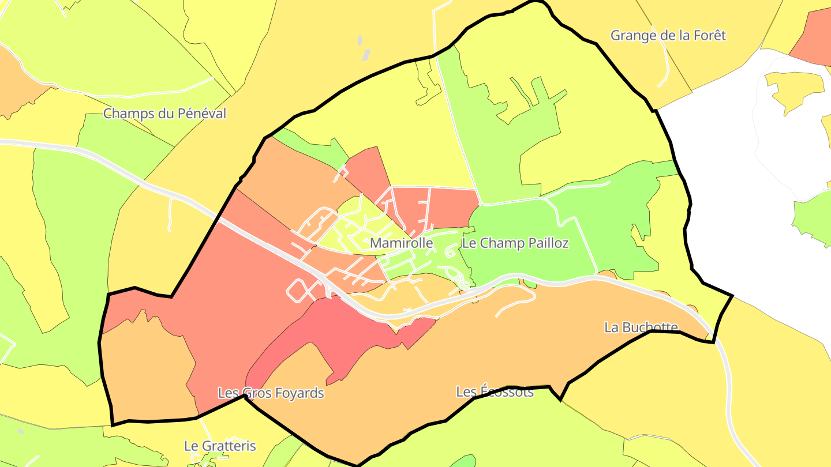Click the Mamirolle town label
[401, 243]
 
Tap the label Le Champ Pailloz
[515, 243]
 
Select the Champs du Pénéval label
[164, 114]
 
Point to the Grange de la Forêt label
[668, 36]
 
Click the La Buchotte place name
[641, 327]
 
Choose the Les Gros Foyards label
[271, 393]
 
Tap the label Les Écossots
[495, 392]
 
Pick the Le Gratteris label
[219, 446]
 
